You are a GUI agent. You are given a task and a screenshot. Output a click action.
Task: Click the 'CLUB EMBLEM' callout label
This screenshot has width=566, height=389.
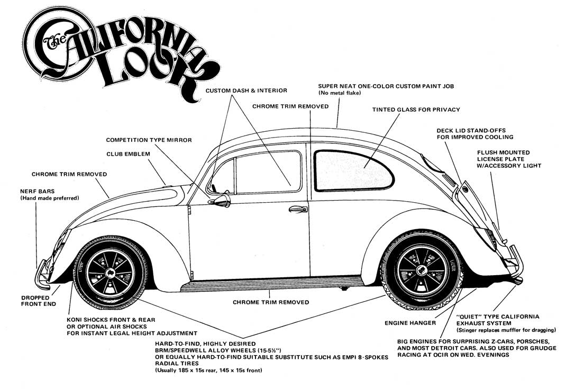(129, 154)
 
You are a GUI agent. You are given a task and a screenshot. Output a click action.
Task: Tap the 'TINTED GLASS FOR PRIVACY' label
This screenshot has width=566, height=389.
(416, 110)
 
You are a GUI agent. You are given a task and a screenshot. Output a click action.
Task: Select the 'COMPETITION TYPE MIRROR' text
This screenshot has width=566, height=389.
(149, 140)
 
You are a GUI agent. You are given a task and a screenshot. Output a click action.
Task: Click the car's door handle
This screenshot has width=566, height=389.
(298, 210)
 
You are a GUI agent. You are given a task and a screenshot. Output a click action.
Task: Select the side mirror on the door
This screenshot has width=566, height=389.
(221, 201)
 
